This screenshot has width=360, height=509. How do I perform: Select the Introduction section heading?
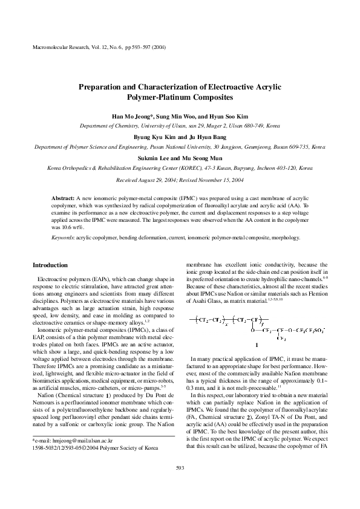tap(50, 265)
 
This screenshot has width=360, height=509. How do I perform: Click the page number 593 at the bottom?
tap(180, 484)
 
